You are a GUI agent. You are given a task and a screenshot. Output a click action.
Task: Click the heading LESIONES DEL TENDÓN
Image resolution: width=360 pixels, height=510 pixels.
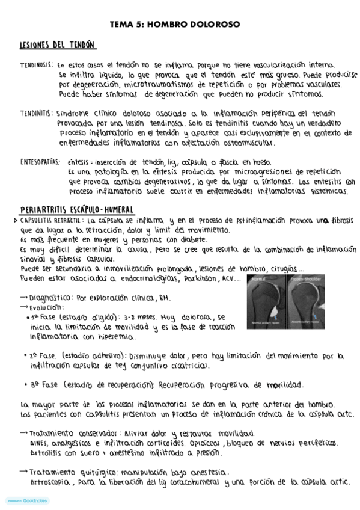tap(58, 46)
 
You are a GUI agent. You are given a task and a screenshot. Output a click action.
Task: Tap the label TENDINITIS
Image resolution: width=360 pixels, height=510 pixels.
tap(35, 112)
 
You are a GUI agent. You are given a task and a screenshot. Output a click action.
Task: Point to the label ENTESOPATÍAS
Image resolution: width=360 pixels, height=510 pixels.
tap(40, 162)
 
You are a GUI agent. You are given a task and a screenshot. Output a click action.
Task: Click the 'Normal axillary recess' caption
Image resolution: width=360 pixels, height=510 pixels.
tap(265, 324)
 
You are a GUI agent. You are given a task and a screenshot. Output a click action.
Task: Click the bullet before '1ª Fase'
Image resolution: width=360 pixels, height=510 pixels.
tap(28, 316)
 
